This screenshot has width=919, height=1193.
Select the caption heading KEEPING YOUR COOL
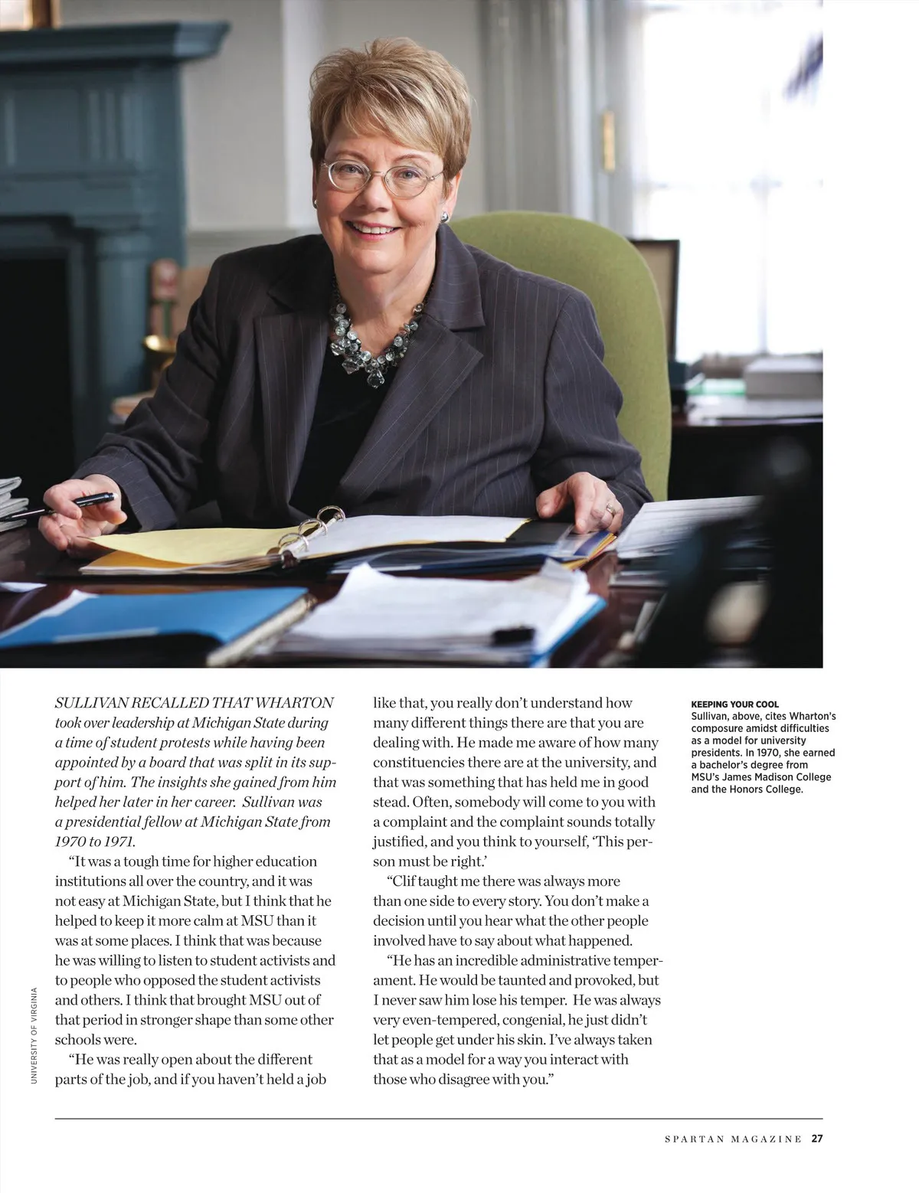click(734, 704)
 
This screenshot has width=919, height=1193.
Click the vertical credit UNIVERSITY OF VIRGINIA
click(34, 1034)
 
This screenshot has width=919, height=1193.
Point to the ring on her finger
click(610, 508)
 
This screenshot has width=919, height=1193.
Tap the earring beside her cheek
click(445, 217)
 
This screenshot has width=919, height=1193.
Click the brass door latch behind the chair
click(608, 141)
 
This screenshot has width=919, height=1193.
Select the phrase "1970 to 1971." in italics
click(95, 842)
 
